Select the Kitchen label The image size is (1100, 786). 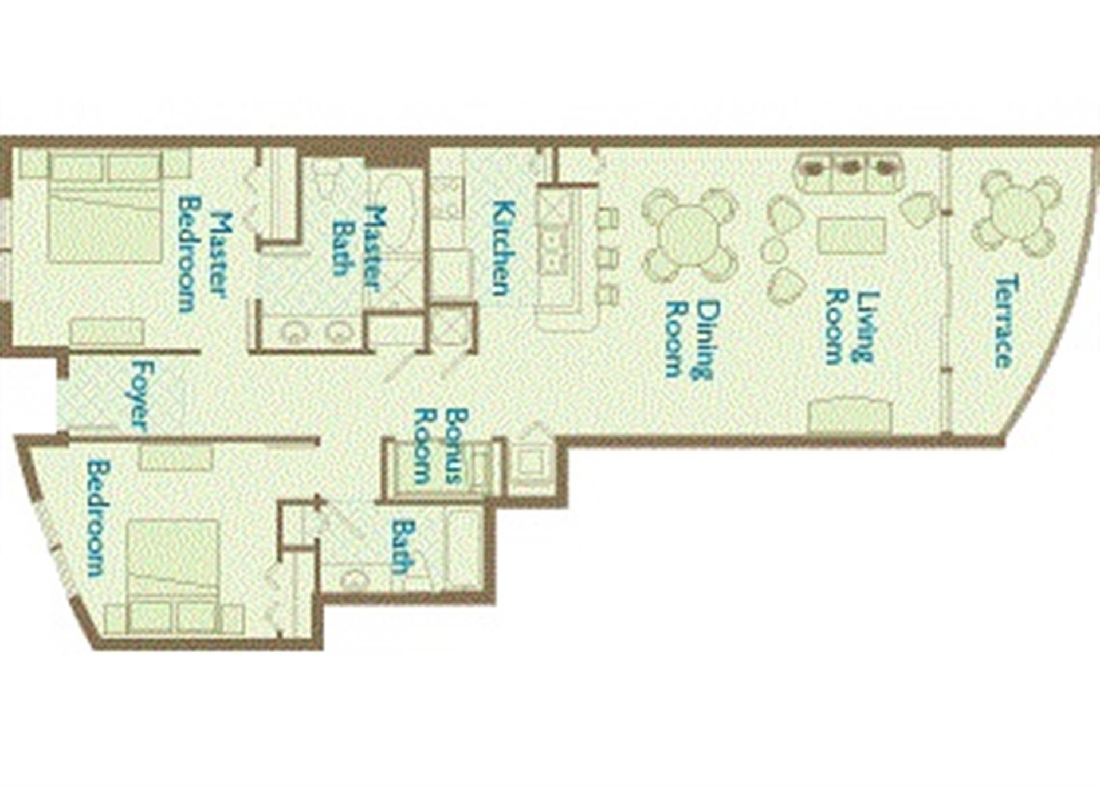point(504,248)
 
